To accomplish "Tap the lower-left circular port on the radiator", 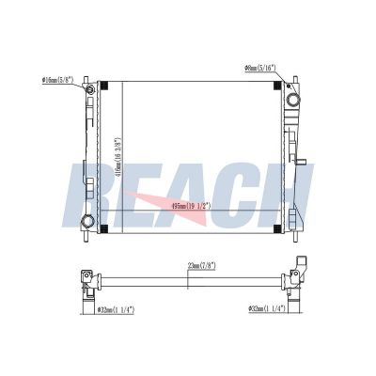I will pyautogui.click(x=87, y=223).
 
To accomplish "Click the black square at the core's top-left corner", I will pyautogui.click(x=105, y=86).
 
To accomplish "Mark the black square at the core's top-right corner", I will pyautogui.click(x=276, y=86).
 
